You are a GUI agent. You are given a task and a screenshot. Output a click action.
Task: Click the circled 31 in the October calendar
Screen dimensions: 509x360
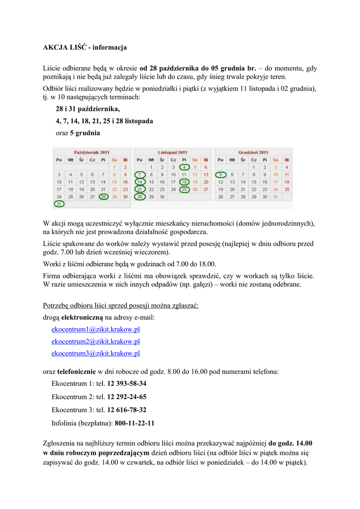coord(59,204)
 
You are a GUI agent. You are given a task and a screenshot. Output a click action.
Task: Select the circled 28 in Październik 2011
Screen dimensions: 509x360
coord(103,197)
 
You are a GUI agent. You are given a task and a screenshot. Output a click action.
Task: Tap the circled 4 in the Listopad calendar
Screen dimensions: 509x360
coord(184,168)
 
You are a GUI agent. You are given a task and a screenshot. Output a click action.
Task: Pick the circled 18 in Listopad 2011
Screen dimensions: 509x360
coord(184,182)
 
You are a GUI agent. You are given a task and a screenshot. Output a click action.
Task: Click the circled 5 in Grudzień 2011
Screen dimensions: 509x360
coord(220,175)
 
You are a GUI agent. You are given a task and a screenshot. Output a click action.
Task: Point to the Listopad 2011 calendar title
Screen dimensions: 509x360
coord(173,152)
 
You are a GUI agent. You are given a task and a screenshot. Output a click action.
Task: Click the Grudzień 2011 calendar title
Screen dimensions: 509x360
coord(253,152)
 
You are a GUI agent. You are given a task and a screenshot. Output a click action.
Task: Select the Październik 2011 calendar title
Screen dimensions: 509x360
coord(92,152)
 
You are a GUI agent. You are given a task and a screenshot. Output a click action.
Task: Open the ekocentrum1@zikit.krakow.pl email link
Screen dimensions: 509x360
coord(95,329)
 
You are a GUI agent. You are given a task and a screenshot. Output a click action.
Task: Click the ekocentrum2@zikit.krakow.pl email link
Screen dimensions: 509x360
coord(95,341)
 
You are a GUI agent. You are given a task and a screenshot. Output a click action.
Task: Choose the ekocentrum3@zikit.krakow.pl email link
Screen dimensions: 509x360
coord(95,353)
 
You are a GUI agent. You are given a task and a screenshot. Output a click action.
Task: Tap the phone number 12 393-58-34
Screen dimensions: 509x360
coord(127,384)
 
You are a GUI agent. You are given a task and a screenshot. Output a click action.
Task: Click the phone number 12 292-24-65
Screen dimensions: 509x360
coord(127,397)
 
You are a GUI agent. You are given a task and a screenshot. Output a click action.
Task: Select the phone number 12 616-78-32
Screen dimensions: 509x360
coord(127,410)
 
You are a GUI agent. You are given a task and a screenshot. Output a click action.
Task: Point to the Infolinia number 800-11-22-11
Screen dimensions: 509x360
coord(134,424)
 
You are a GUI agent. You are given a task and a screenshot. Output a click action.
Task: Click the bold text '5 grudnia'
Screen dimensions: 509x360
coord(85,133)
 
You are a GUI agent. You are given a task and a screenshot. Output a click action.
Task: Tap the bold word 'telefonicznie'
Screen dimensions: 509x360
coord(77,371)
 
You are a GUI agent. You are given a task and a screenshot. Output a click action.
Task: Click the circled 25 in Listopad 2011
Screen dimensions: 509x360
coord(184,189)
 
